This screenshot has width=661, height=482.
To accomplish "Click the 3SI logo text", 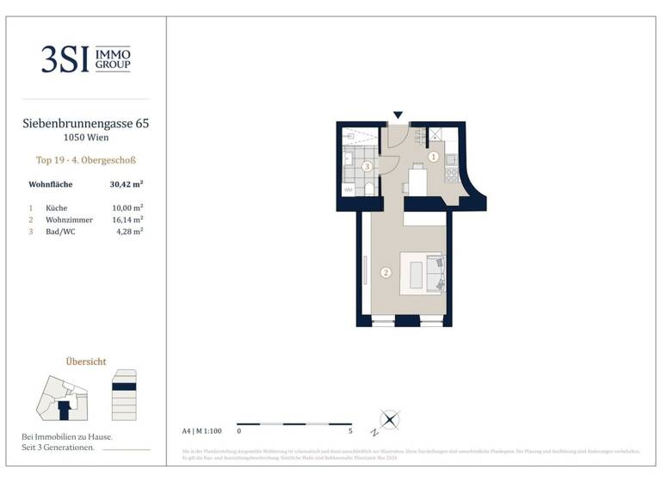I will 65,59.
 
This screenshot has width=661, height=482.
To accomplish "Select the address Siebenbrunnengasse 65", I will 85,124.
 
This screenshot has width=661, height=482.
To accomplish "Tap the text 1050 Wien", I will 85,138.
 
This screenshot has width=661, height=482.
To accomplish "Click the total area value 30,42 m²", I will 126,184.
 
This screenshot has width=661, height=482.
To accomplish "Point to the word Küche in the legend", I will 57,207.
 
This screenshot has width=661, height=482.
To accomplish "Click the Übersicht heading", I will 85,361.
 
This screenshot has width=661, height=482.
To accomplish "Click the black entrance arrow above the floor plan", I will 397,114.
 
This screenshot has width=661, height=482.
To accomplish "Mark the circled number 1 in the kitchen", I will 433,158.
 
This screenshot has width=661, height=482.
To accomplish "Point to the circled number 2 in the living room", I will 386,274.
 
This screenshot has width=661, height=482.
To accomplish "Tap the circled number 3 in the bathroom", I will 367,166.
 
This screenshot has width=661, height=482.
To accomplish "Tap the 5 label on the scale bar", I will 351,430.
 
